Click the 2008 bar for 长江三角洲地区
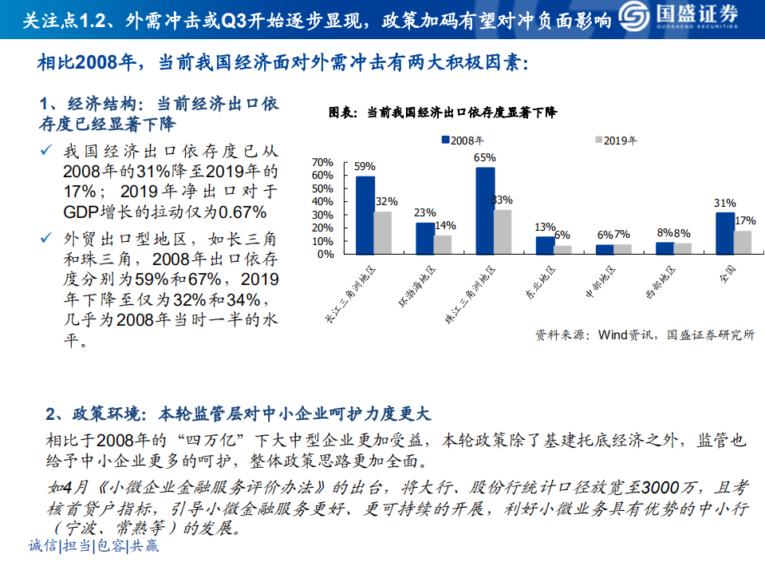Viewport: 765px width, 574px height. (365, 215)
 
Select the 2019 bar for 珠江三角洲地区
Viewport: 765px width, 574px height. (503, 232)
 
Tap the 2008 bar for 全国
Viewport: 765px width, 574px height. (725, 233)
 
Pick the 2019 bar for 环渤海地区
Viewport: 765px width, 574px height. (443, 244)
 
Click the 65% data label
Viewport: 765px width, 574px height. (485, 158)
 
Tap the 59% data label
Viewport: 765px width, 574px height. (365, 167)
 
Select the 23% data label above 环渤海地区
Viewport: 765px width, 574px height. (425, 213)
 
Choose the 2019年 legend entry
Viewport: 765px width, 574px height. (615, 141)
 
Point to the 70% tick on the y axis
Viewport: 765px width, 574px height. (322, 162)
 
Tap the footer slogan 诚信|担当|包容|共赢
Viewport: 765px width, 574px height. (93, 547)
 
